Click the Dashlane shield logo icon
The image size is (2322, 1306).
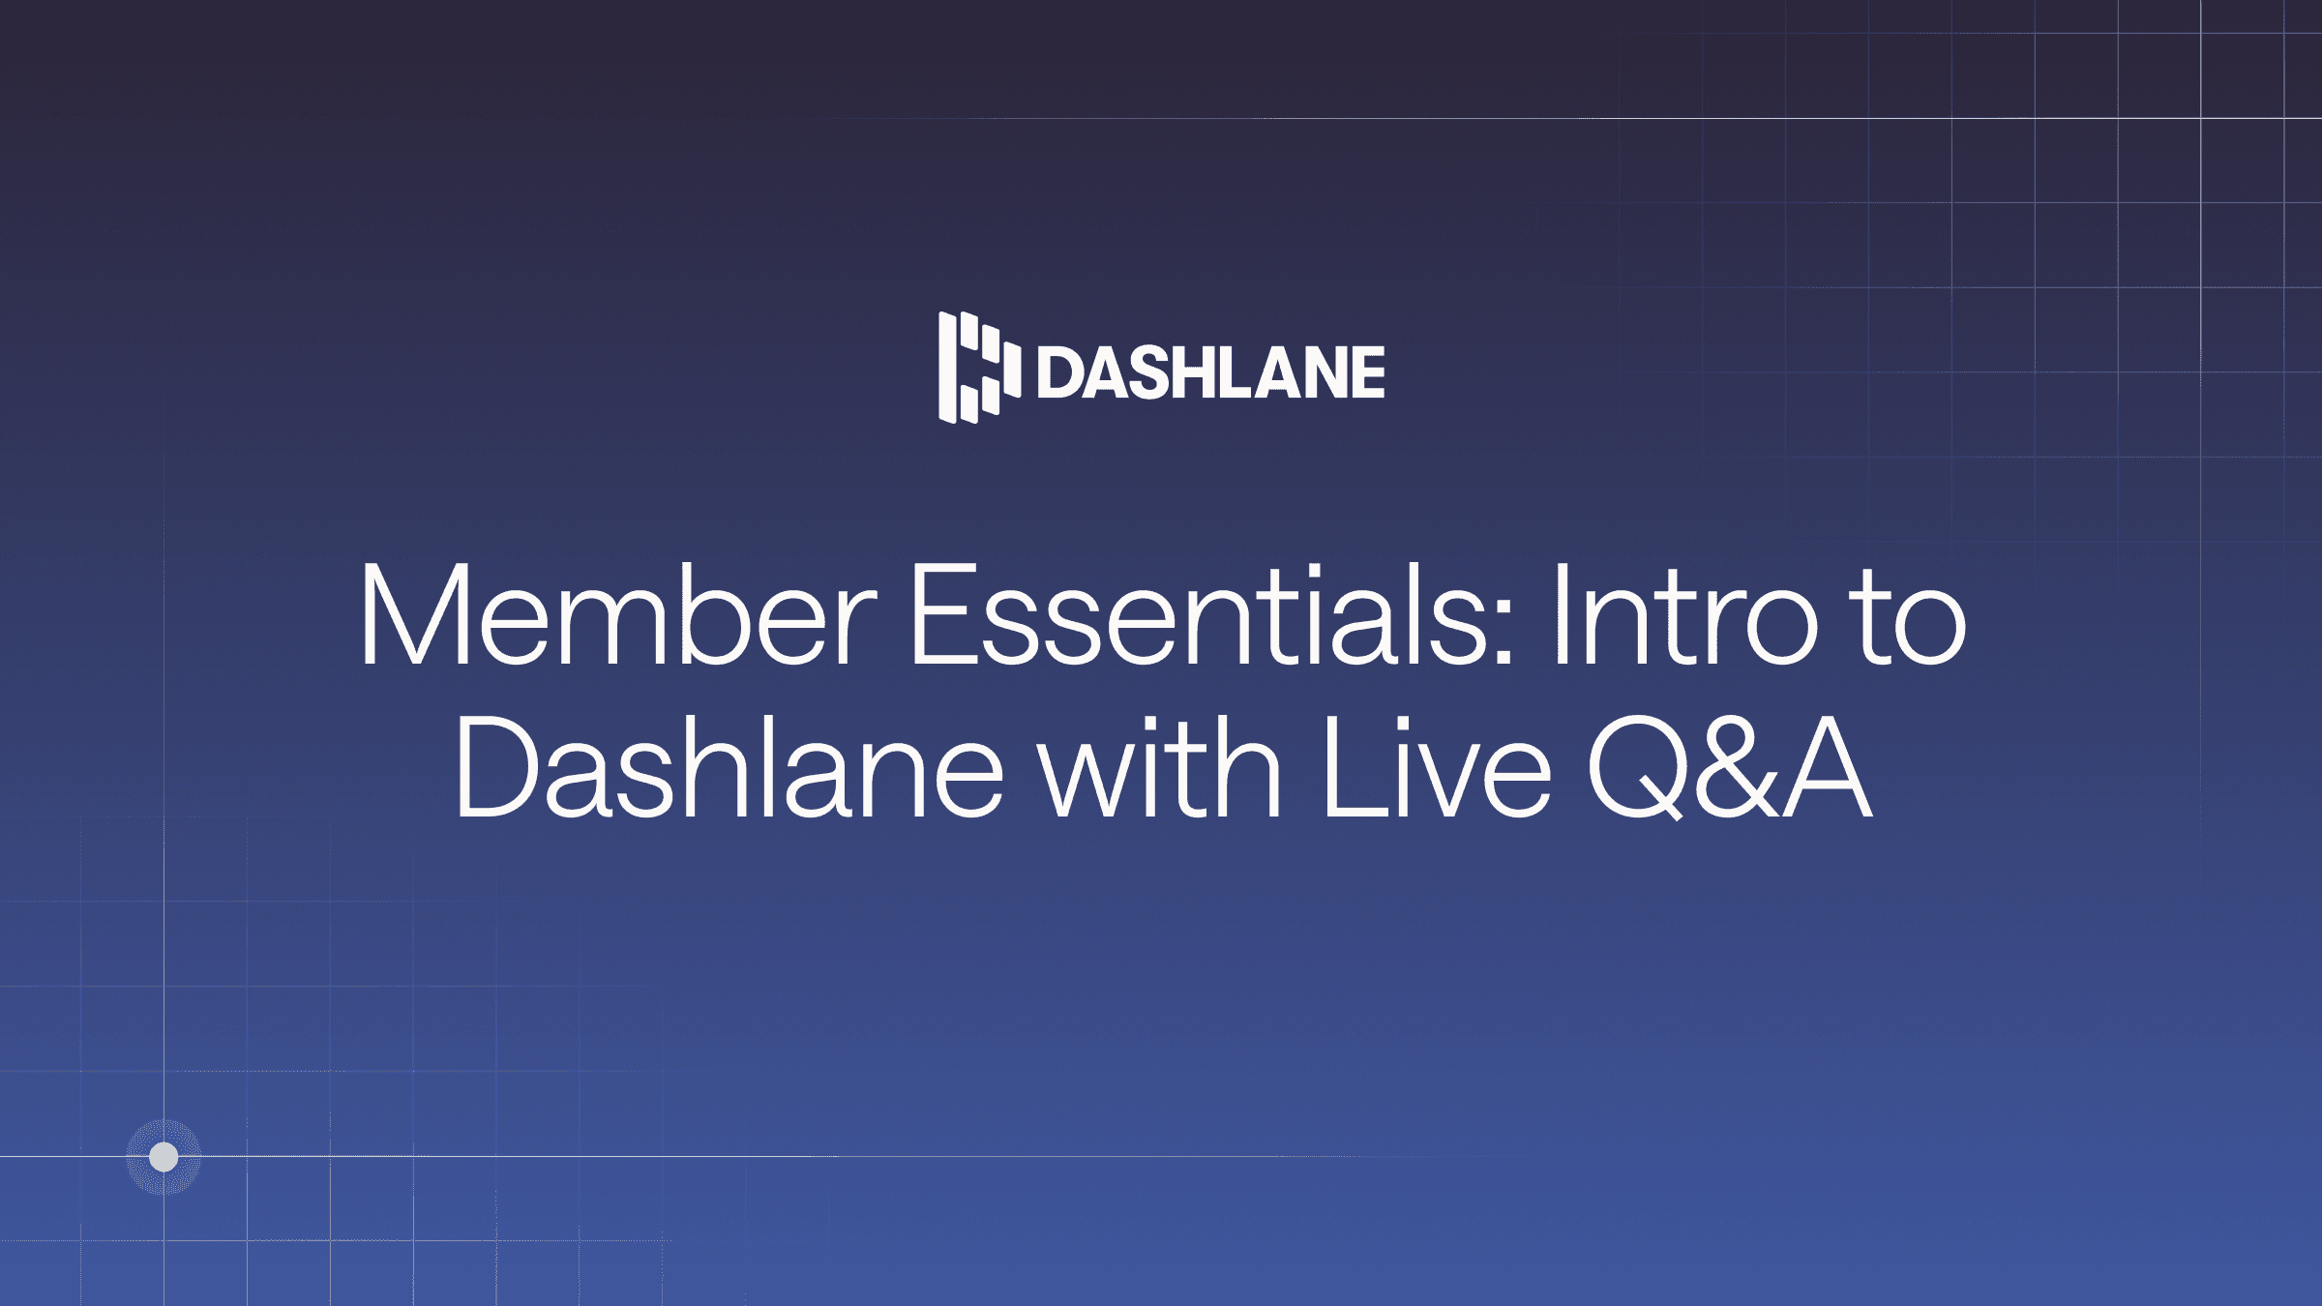978,368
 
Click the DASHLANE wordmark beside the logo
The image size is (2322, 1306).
1210,372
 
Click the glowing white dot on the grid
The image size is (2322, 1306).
164,1156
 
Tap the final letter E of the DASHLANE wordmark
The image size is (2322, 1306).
1367,372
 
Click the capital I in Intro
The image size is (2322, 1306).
1560,616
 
